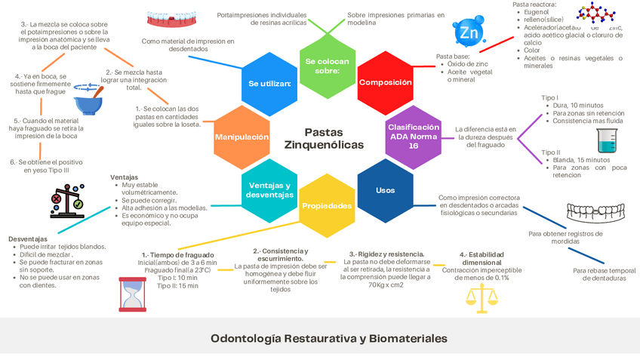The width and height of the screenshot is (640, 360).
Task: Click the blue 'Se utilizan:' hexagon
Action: click(269, 83)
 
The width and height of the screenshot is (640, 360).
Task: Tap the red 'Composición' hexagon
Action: click(385, 83)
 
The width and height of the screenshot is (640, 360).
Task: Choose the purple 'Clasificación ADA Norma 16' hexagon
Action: click(413, 137)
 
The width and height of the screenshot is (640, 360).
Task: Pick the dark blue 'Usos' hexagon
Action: click(385, 190)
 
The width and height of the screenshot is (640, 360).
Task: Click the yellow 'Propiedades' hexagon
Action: click(328, 205)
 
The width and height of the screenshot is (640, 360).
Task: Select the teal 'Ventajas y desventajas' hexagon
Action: click(269, 190)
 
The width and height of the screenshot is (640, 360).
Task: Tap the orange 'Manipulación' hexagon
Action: click(242, 137)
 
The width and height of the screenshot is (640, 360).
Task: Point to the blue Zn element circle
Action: click(469, 32)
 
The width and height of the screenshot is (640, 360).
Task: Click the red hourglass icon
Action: click(133, 294)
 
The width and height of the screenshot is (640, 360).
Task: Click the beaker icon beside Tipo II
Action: click(606, 141)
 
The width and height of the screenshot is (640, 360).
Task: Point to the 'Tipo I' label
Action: click(549, 97)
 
